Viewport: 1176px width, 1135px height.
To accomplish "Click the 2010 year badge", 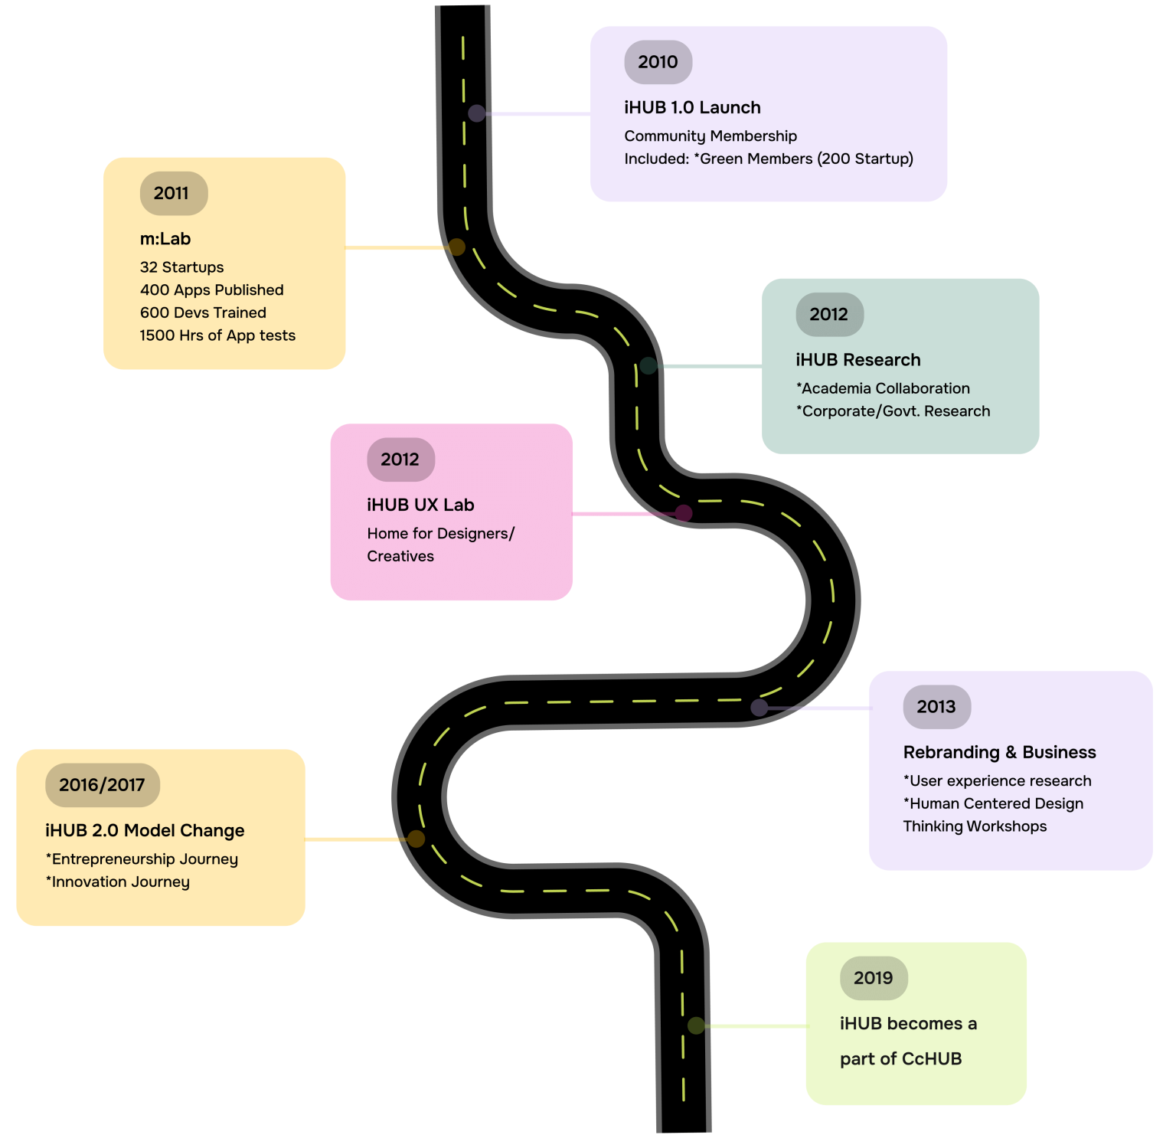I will pyautogui.click(x=658, y=62).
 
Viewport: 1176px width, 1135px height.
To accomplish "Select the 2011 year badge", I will pyautogui.click(x=173, y=193).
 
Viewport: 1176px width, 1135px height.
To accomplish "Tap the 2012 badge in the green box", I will pyautogui.click(x=829, y=314).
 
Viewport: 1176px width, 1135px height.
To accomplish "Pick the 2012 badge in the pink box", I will pyautogui.click(x=400, y=460).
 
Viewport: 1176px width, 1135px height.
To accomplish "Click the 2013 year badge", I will pyautogui.click(x=936, y=707).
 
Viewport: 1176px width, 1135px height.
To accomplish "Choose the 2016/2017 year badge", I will pyautogui.click(x=102, y=785).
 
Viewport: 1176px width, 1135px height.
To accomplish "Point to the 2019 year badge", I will pyautogui.click(x=874, y=978).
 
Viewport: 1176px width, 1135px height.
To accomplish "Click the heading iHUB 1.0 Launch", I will pyautogui.click(x=692, y=108).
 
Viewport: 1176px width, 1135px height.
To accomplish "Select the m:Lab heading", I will pyautogui.click(x=165, y=239).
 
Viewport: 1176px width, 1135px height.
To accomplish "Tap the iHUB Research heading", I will pyautogui.click(x=857, y=360).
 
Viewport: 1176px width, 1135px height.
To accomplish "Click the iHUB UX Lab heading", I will pyautogui.click(x=420, y=505).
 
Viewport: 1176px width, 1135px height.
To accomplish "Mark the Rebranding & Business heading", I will pyautogui.click(x=999, y=752).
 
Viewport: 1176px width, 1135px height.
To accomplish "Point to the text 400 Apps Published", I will pyautogui.click(x=211, y=290).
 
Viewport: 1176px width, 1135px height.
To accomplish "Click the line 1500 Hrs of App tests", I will pyautogui.click(x=217, y=335).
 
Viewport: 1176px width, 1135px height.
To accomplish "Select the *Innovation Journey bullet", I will pyautogui.click(x=117, y=882).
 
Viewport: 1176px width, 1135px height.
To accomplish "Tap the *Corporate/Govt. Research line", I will pyautogui.click(x=893, y=411).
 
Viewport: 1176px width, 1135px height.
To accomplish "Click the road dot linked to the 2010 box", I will pyautogui.click(x=476, y=113).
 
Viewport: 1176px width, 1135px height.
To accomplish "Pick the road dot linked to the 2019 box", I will pyautogui.click(x=696, y=1025).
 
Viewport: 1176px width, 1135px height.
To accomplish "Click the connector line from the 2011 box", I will pyautogui.click(x=394, y=247).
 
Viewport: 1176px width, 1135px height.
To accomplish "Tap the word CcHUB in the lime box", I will pyautogui.click(x=932, y=1059).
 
